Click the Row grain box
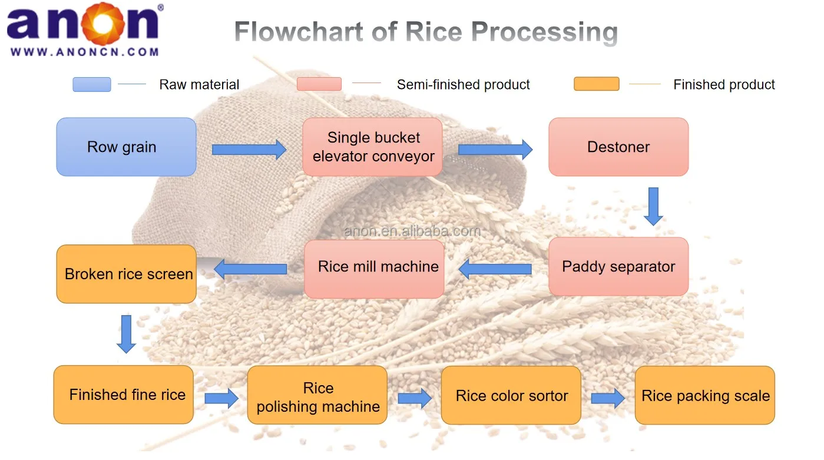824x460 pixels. (126, 147)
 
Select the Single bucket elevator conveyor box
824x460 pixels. (372, 147)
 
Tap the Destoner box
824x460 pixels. (618, 147)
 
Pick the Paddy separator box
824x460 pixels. (618, 267)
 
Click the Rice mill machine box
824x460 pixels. (374, 269)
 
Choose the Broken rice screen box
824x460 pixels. (126, 274)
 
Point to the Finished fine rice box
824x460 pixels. (124, 395)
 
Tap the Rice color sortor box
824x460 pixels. (511, 395)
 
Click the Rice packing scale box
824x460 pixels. (704, 395)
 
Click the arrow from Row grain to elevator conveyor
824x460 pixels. (249, 150)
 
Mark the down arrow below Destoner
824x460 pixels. (653, 206)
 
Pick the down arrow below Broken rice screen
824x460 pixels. (126, 334)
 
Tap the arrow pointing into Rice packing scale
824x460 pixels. (607, 398)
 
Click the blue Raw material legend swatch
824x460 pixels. (92, 84)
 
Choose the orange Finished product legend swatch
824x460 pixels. (596, 84)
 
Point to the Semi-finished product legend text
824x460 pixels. (463, 85)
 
